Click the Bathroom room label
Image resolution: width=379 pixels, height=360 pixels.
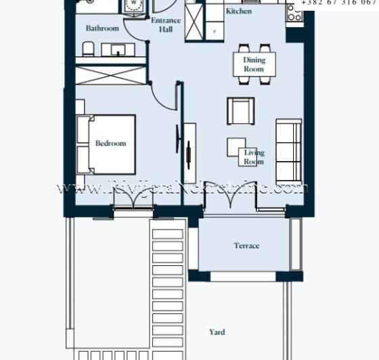click(x=102, y=28)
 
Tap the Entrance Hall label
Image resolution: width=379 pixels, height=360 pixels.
click(x=165, y=25)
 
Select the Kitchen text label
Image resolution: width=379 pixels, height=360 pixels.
click(x=238, y=12)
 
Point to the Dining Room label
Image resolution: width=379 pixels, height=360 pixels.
click(x=254, y=64)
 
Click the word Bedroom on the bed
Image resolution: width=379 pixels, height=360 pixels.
click(x=110, y=143)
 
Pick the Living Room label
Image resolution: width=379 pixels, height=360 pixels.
click(x=254, y=157)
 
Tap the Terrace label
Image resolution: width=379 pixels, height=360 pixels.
click(x=246, y=246)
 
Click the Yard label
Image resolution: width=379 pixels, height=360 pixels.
click(x=217, y=332)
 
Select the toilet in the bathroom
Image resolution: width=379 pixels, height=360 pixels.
click(x=87, y=49)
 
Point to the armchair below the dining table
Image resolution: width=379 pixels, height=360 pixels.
click(x=240, y=110)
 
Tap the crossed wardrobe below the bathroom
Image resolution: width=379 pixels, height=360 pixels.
click(x=111, y=74)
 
